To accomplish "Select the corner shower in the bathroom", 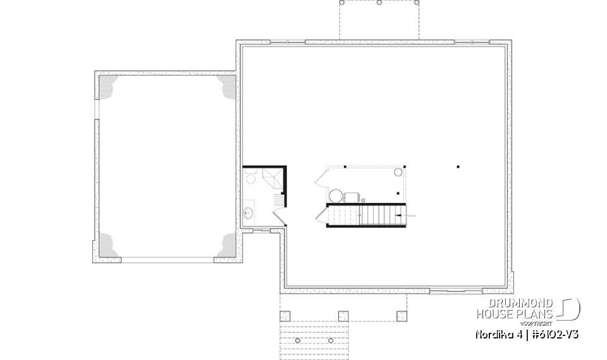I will click(273, 178).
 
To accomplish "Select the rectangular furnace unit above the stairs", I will click(352, 197).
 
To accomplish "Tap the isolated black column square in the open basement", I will click(458, 168).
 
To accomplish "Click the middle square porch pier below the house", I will click(343, 314).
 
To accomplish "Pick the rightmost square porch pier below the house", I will click(400, 314).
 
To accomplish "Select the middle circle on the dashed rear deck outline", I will click(379, 3).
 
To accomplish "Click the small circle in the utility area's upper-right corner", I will click(398, 171).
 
